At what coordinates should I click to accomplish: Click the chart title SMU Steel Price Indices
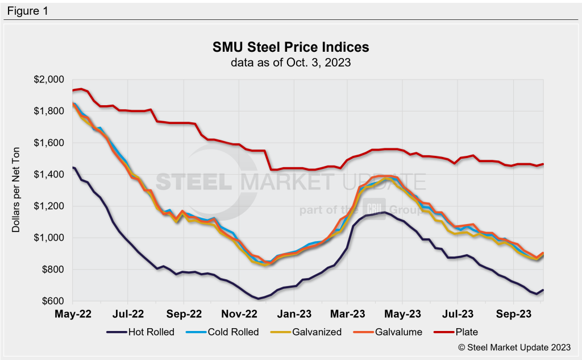tap(290, 47)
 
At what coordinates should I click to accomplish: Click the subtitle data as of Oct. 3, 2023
tap(290, 63)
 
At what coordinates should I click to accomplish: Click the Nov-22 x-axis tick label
tap(239, 313)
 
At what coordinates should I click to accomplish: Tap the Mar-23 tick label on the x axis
tap(348, 313)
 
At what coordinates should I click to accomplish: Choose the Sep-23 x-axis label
tap(513, 313)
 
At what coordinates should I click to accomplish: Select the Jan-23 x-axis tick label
tap(294, 313)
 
